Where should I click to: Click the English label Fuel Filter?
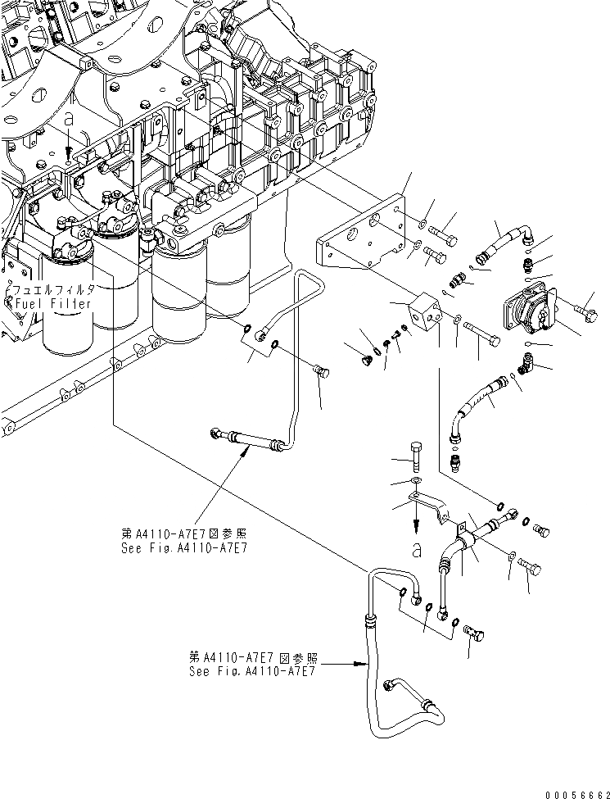(x=51, y=303)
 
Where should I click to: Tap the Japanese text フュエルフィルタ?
(x=51, y=290)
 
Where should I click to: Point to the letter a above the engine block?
(x=69, y=119)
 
